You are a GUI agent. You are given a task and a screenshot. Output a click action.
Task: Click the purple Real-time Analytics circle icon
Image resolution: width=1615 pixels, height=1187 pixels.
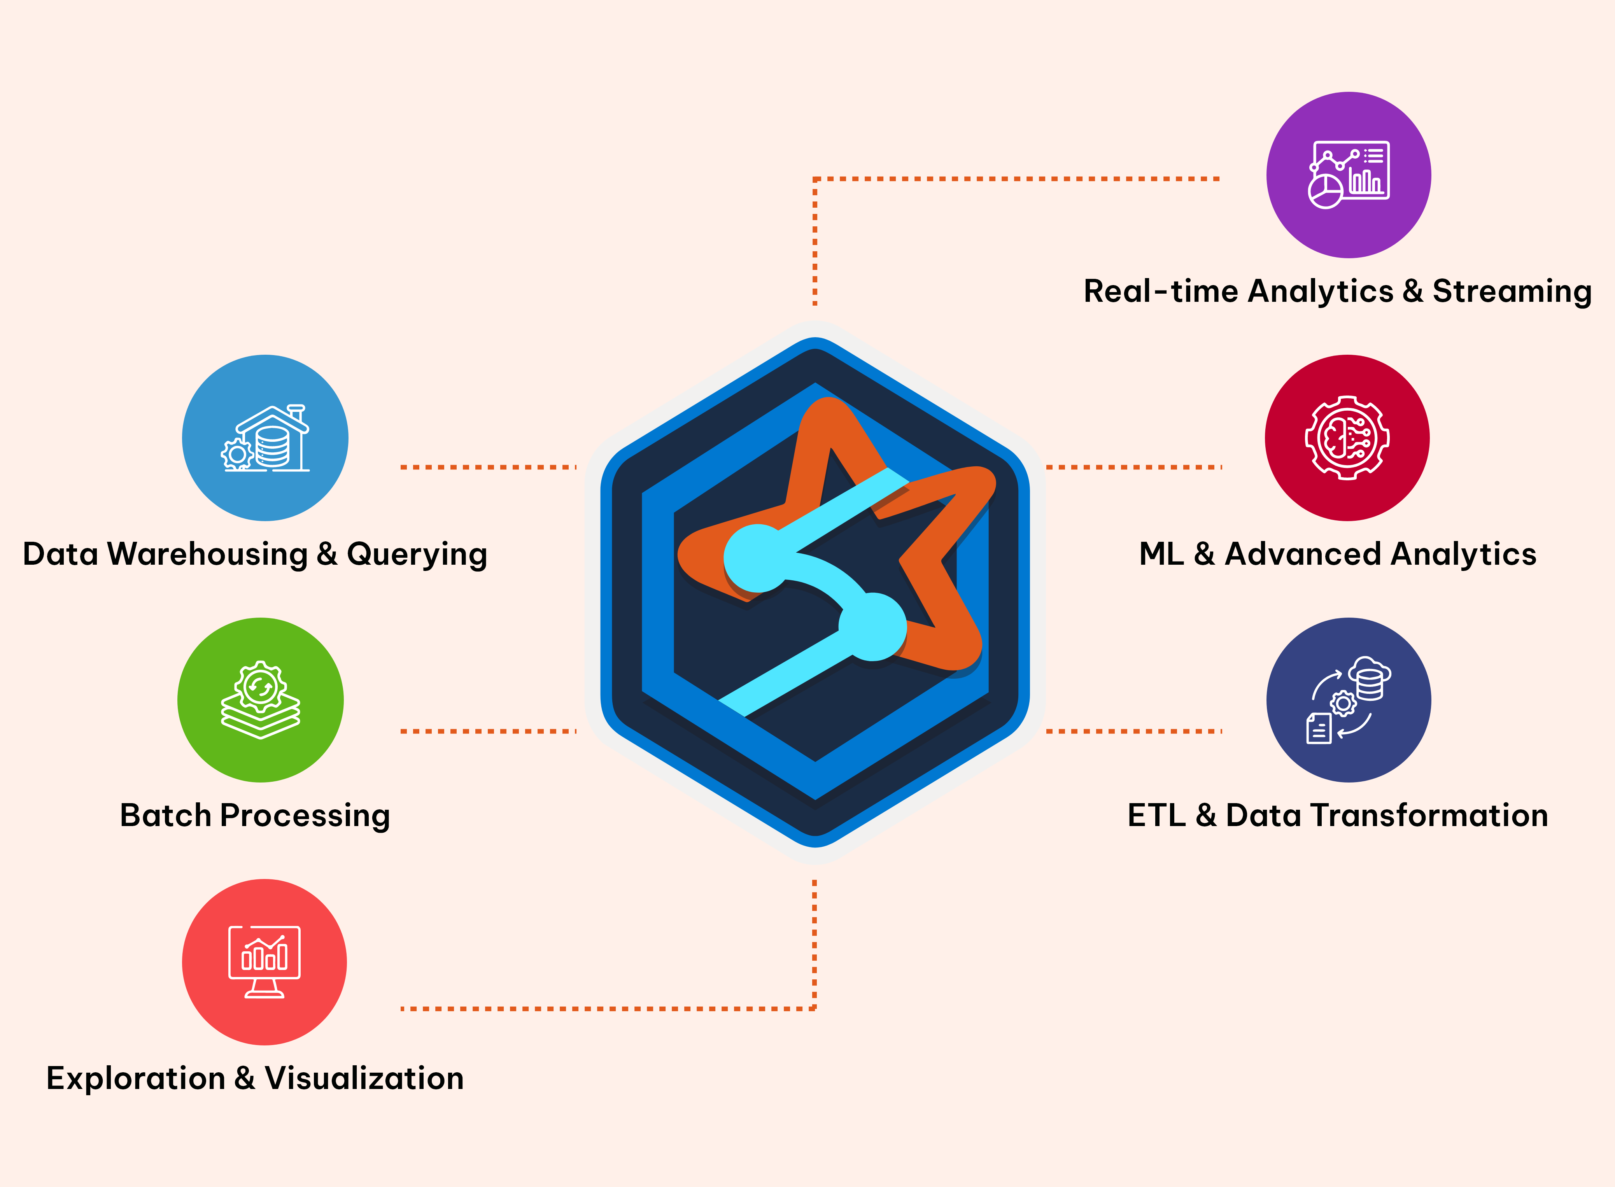[x=1349, y=175]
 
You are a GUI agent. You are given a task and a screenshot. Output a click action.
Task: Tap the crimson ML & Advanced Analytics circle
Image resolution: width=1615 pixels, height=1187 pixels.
[x=1347, y=438]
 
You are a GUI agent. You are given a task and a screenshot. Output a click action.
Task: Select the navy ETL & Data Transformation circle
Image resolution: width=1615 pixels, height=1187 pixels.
[x=1349, y=700]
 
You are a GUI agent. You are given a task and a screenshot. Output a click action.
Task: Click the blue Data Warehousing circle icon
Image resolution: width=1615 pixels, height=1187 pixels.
[x=265, y=438]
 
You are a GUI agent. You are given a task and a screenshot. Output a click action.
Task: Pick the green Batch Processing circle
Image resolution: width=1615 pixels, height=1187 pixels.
[x=260, y=700]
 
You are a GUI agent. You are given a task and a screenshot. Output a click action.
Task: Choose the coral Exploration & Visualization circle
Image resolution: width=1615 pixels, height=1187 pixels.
[x=264, y=962]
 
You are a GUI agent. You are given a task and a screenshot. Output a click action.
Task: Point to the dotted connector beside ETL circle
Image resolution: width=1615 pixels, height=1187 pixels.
[x=1134, y=732]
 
